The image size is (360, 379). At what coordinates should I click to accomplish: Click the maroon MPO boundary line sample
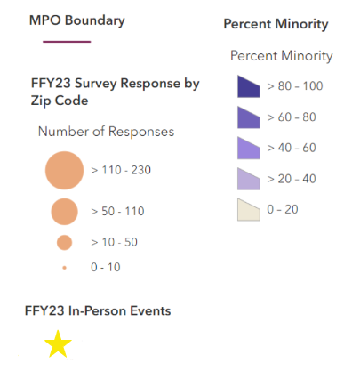tap(60, 42)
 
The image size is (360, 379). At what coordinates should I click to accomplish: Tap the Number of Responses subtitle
tap(106, 132)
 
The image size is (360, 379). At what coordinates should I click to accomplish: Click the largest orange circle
tap(64, 170)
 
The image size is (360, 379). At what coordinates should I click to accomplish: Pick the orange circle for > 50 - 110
tap(64, 211)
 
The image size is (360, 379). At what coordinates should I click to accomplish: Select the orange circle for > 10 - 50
tap(64, 242)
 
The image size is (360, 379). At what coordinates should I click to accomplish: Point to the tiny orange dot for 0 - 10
tap(64, 267)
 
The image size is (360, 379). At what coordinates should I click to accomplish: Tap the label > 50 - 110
tap(117, 211)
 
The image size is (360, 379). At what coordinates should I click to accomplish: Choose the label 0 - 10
tap(107, 267)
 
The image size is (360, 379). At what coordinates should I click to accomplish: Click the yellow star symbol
tap(58, 343)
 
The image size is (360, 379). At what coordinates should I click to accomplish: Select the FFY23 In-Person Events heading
tap(98, 310)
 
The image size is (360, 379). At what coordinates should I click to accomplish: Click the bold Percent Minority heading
tap(276, 24)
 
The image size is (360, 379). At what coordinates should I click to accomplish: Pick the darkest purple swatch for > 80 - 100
tap(248, 86)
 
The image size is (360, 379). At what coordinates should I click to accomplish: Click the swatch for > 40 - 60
tap(248, 148)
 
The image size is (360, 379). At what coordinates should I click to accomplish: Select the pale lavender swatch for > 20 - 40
tap(248, 179)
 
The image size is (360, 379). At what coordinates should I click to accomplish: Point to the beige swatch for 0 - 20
tap(248, 209)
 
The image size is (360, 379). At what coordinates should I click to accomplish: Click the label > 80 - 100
tap(294, 86)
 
